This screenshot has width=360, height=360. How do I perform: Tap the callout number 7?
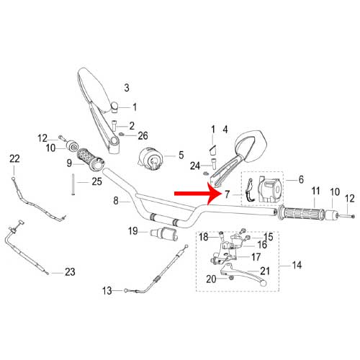[x=228, y=194]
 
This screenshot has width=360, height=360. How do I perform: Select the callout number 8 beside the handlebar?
[x=116, y=200]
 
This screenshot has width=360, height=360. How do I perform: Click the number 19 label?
[x=133, y=231]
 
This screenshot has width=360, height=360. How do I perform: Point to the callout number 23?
[x=70, y=272]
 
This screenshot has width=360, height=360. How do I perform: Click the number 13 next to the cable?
[x=107, y=291]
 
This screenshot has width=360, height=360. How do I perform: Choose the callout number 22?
[x=14, y=158]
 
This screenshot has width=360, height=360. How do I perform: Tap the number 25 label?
[x=97, y=181]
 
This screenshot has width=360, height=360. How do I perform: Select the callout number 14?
[x=297, y=265]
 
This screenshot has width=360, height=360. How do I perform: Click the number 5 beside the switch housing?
[x=181, y=155]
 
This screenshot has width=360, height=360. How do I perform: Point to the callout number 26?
[x=143, y=136]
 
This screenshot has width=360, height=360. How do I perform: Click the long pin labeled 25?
[x=73, y=184]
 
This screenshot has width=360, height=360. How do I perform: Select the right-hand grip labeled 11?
[x=300, y=214]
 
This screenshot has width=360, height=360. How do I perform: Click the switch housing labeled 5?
[x=150, y=159]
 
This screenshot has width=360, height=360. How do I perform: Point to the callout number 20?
[x=211, y=279]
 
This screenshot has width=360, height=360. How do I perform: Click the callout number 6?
[x=301, y=179]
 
